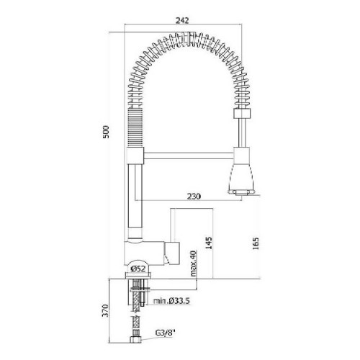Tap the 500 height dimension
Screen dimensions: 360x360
(106, 132)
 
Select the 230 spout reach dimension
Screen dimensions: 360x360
(194, 197)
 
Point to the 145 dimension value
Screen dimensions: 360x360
(209, 243)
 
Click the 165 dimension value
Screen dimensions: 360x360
(256, 243)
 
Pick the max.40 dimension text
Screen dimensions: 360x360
(194, 264)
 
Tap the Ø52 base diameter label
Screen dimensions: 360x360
(138, 269)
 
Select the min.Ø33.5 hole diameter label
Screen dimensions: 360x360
(171, 301)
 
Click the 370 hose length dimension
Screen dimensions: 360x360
(105, 310)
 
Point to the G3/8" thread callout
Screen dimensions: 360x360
(164, 333)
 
